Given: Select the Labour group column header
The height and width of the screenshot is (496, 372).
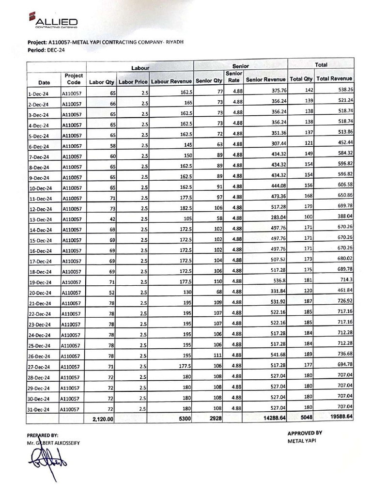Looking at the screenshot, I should click(x=140, y=68).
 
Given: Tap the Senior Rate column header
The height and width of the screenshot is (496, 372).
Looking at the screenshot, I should click(x=233, y=77).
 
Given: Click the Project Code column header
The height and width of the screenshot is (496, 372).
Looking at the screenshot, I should click(x=74, y=79).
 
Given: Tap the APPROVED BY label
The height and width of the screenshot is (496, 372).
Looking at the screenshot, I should click(x=305, y=433).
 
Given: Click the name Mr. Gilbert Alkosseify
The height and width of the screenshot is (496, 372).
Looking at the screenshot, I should click(x=53, y=443).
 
